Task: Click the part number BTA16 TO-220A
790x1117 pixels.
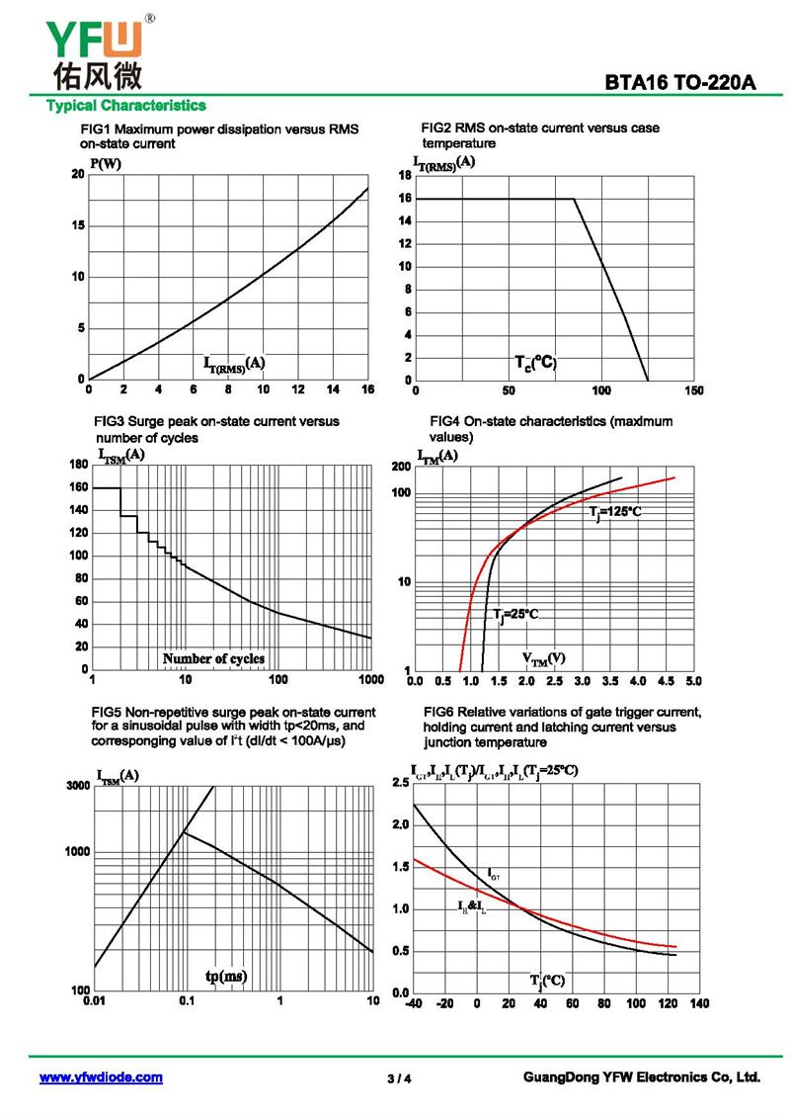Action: [x=680, y=84]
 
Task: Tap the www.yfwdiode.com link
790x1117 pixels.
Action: [x=101, y=1077]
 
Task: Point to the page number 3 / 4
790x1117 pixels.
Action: [x=399, y=1078]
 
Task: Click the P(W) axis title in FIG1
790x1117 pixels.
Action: [x=106, y=163]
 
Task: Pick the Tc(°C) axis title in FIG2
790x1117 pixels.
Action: [x=536, y=364]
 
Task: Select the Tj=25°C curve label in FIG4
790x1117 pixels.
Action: [x=515, y=615]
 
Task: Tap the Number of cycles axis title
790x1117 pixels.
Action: [x=213, y=658]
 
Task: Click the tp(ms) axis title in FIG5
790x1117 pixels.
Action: [x=226, y=977]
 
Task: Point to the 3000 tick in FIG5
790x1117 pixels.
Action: [x=77, y=786]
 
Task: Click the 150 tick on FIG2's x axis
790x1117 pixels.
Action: [x=693, y=390]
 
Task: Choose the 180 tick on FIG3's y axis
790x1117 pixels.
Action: [x=77, y=464]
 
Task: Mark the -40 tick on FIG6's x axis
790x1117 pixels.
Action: [x=414, y=1004]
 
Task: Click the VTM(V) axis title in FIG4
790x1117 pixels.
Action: [x=543, y=658]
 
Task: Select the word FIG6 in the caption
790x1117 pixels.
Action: [x=438, y=712]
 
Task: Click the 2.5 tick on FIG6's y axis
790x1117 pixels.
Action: [x=401, y=783]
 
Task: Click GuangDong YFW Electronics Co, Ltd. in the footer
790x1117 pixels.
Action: [x=642, y=1077]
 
